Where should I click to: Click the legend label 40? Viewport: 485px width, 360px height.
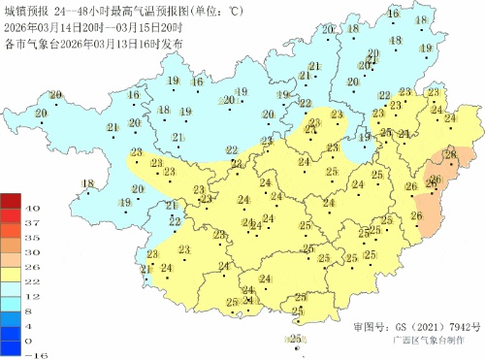coord(31,209)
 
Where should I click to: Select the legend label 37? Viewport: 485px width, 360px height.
coord(31,223)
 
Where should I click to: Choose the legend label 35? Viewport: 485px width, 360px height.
coord(31,237)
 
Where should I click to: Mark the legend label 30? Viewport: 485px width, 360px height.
coord(31,251)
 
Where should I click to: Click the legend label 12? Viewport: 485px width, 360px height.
coord(31,294)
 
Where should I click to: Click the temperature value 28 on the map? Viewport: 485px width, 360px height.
coord(450,154)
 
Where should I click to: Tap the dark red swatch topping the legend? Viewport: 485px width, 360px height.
coord(10,201)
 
